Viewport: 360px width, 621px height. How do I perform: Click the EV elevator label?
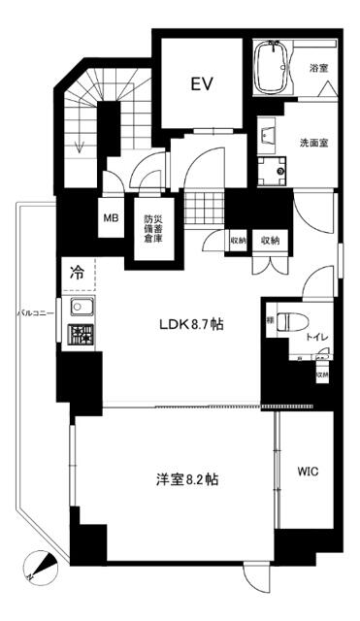(201, 84)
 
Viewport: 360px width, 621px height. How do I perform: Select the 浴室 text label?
(317, 69)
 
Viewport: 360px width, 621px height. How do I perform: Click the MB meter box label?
(112, 217)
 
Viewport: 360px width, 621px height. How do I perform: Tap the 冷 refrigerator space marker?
(76, 273)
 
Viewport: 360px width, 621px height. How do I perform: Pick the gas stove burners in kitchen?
(79, 336)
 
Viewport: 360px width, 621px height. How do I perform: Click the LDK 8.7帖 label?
(192, 324)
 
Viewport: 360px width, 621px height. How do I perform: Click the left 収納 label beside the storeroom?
(239, 239)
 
